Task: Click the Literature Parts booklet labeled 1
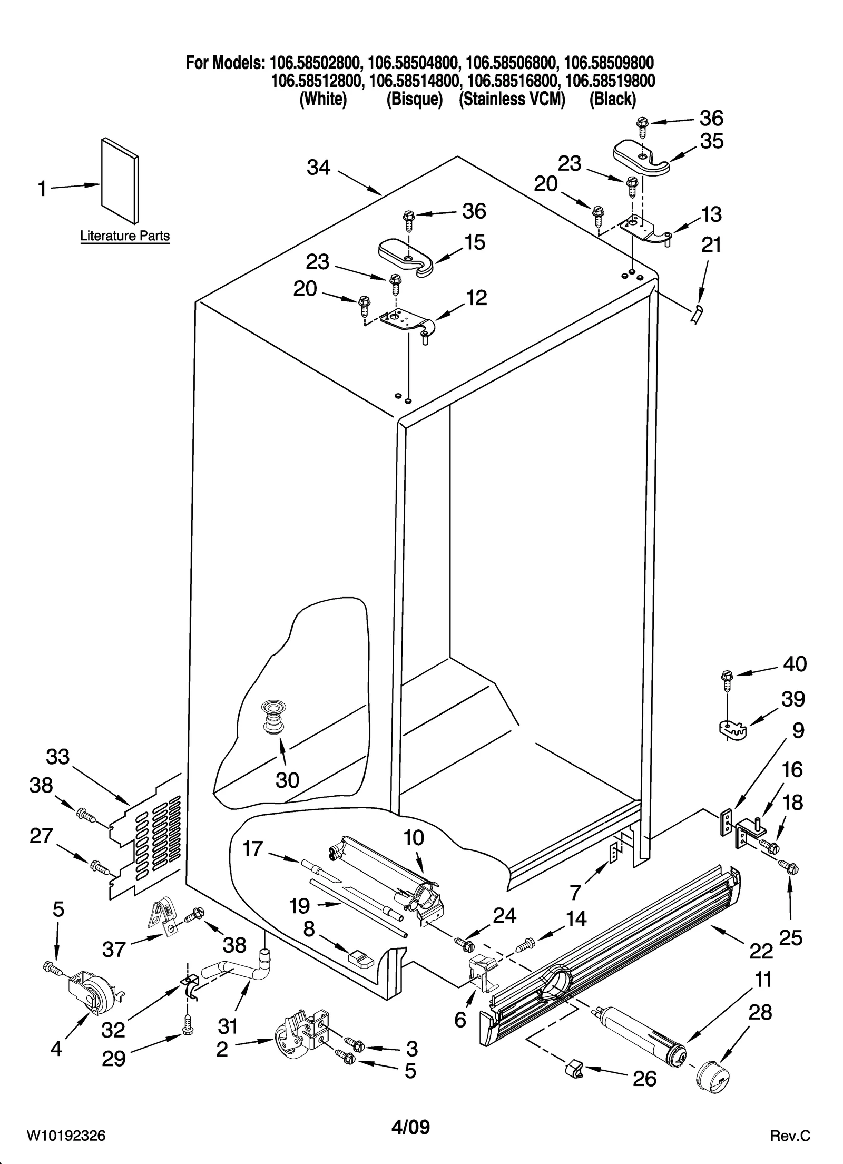120,181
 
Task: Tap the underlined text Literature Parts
125,236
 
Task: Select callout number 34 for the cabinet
318,168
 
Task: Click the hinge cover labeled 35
641,158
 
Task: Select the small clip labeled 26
573,1069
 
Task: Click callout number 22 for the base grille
760,950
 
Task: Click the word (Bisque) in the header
414,99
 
